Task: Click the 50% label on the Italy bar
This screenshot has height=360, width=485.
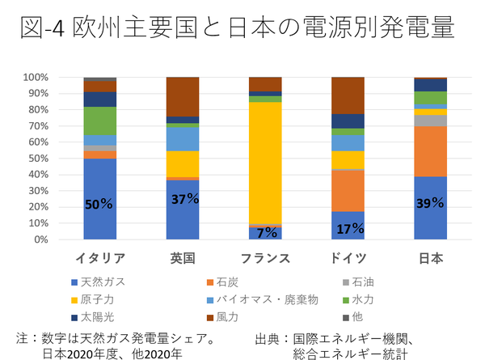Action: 99,204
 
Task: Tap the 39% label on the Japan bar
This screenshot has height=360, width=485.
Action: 429,204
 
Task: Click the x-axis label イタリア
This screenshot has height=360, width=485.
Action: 99,259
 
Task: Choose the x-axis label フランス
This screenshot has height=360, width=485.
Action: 265,259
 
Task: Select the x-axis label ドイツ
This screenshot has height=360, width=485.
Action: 348,259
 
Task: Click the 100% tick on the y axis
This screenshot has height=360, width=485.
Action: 36,78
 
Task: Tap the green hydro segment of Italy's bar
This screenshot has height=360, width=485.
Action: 99,121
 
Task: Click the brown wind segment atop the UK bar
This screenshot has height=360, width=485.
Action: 183,96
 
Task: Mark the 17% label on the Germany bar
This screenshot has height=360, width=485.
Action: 348,228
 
